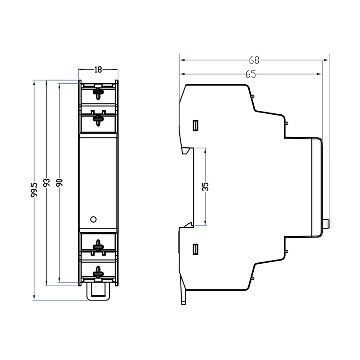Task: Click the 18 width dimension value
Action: click(98, 70)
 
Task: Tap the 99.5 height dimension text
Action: click(34, 190)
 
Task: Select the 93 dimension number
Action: click(47, 182)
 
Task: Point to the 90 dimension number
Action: click(59, 182)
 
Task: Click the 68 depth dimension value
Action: click(254, 60)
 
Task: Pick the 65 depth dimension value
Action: click(251, 74)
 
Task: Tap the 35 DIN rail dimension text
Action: click(205, 187)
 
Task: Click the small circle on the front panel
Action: click(94, 219)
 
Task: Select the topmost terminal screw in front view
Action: click(98, 93)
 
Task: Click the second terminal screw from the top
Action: click(98, 119)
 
